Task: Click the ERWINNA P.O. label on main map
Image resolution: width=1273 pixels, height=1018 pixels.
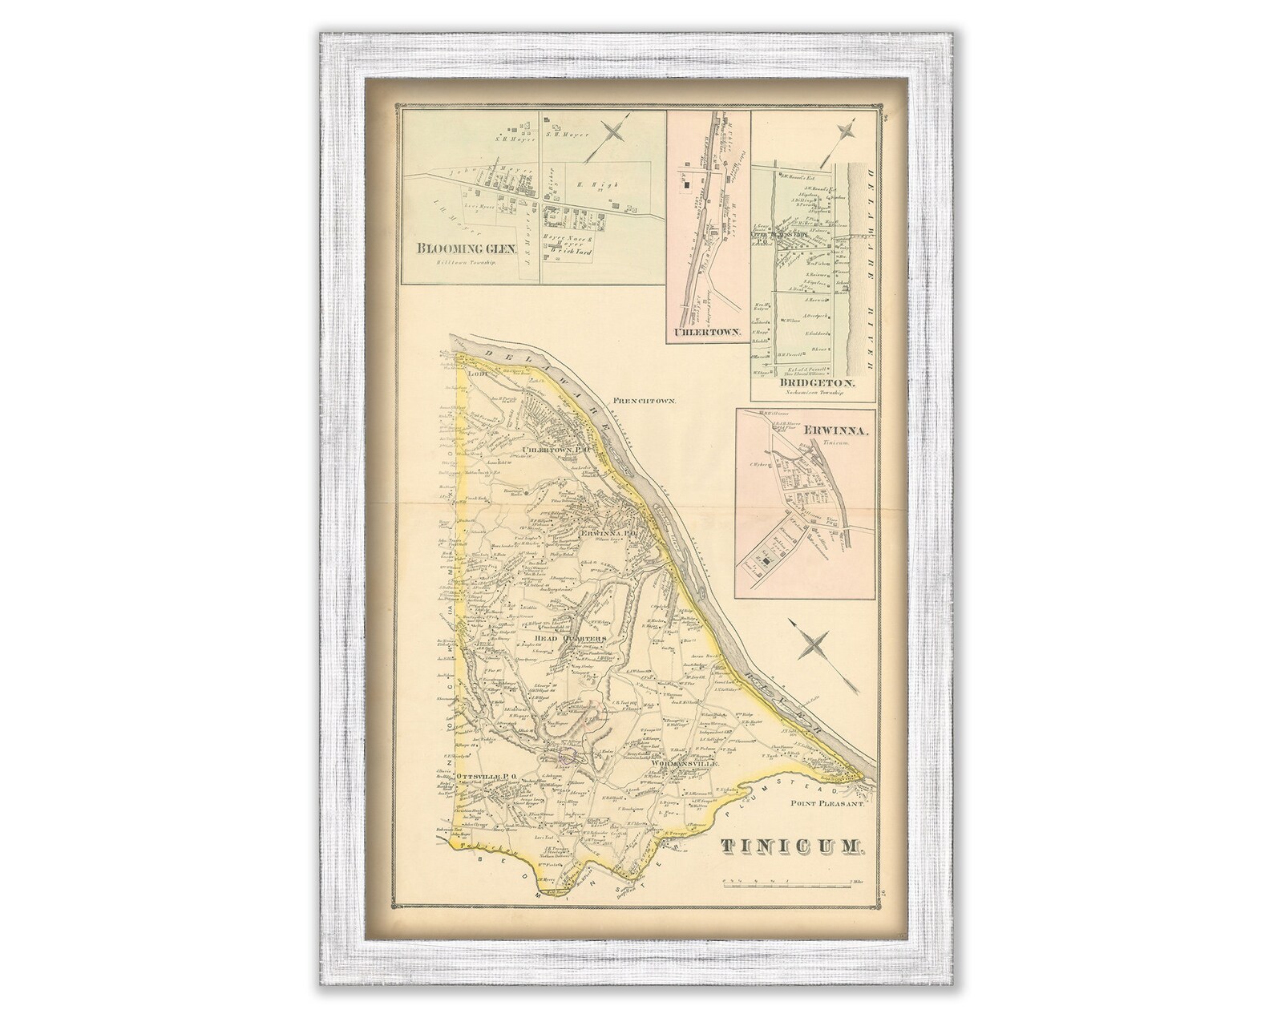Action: point(608,532)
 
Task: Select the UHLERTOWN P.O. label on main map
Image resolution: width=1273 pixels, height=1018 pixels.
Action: point(552,450)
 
